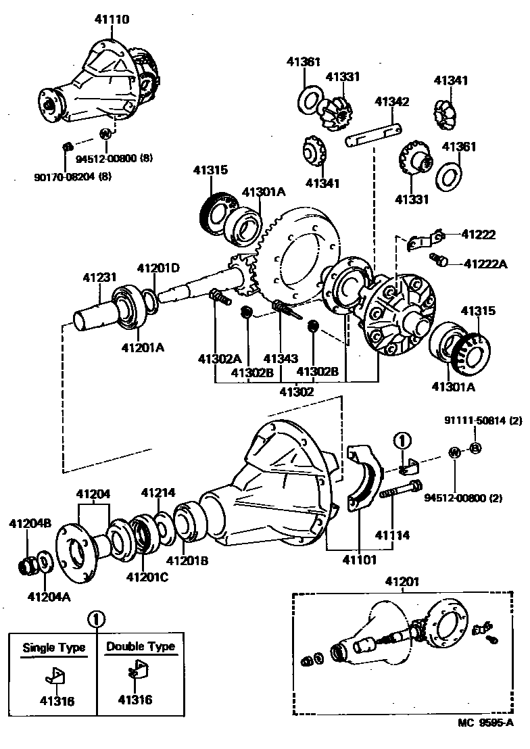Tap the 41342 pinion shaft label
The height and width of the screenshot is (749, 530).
392,102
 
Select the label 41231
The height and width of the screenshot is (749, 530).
100,277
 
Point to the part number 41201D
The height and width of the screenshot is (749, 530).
158,268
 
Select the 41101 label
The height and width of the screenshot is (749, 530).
359,559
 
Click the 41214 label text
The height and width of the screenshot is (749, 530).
158,492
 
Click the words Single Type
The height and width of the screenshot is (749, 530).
54,647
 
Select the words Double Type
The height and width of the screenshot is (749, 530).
141,647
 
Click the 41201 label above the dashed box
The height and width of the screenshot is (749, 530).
403,581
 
